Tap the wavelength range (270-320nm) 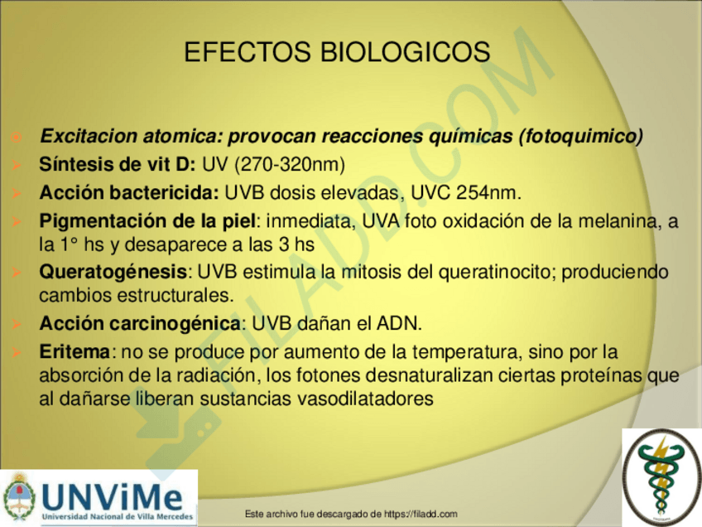pos(289,164)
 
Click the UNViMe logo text pos(113,496)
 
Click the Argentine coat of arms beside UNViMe pos(19,497)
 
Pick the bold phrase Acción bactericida pos(128,193)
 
